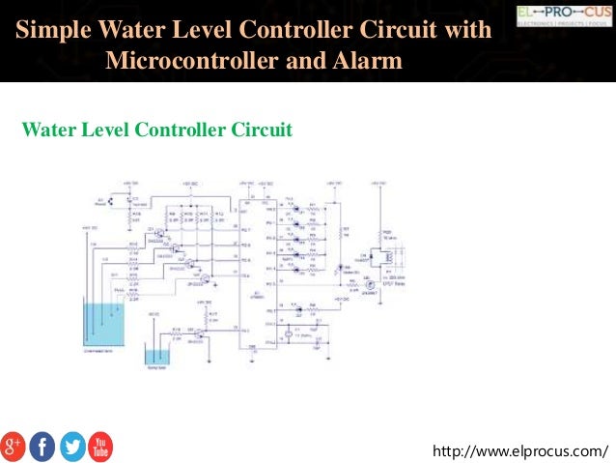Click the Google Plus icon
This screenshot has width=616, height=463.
(14, 446)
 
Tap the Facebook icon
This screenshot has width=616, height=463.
(42, 446)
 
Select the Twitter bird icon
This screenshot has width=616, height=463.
(71, 446)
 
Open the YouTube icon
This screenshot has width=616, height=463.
(100, 446)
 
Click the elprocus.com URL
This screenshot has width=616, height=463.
(521, 450)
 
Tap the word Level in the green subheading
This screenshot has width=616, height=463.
(101, 129)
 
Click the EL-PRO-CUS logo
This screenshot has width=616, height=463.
(564, 16)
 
